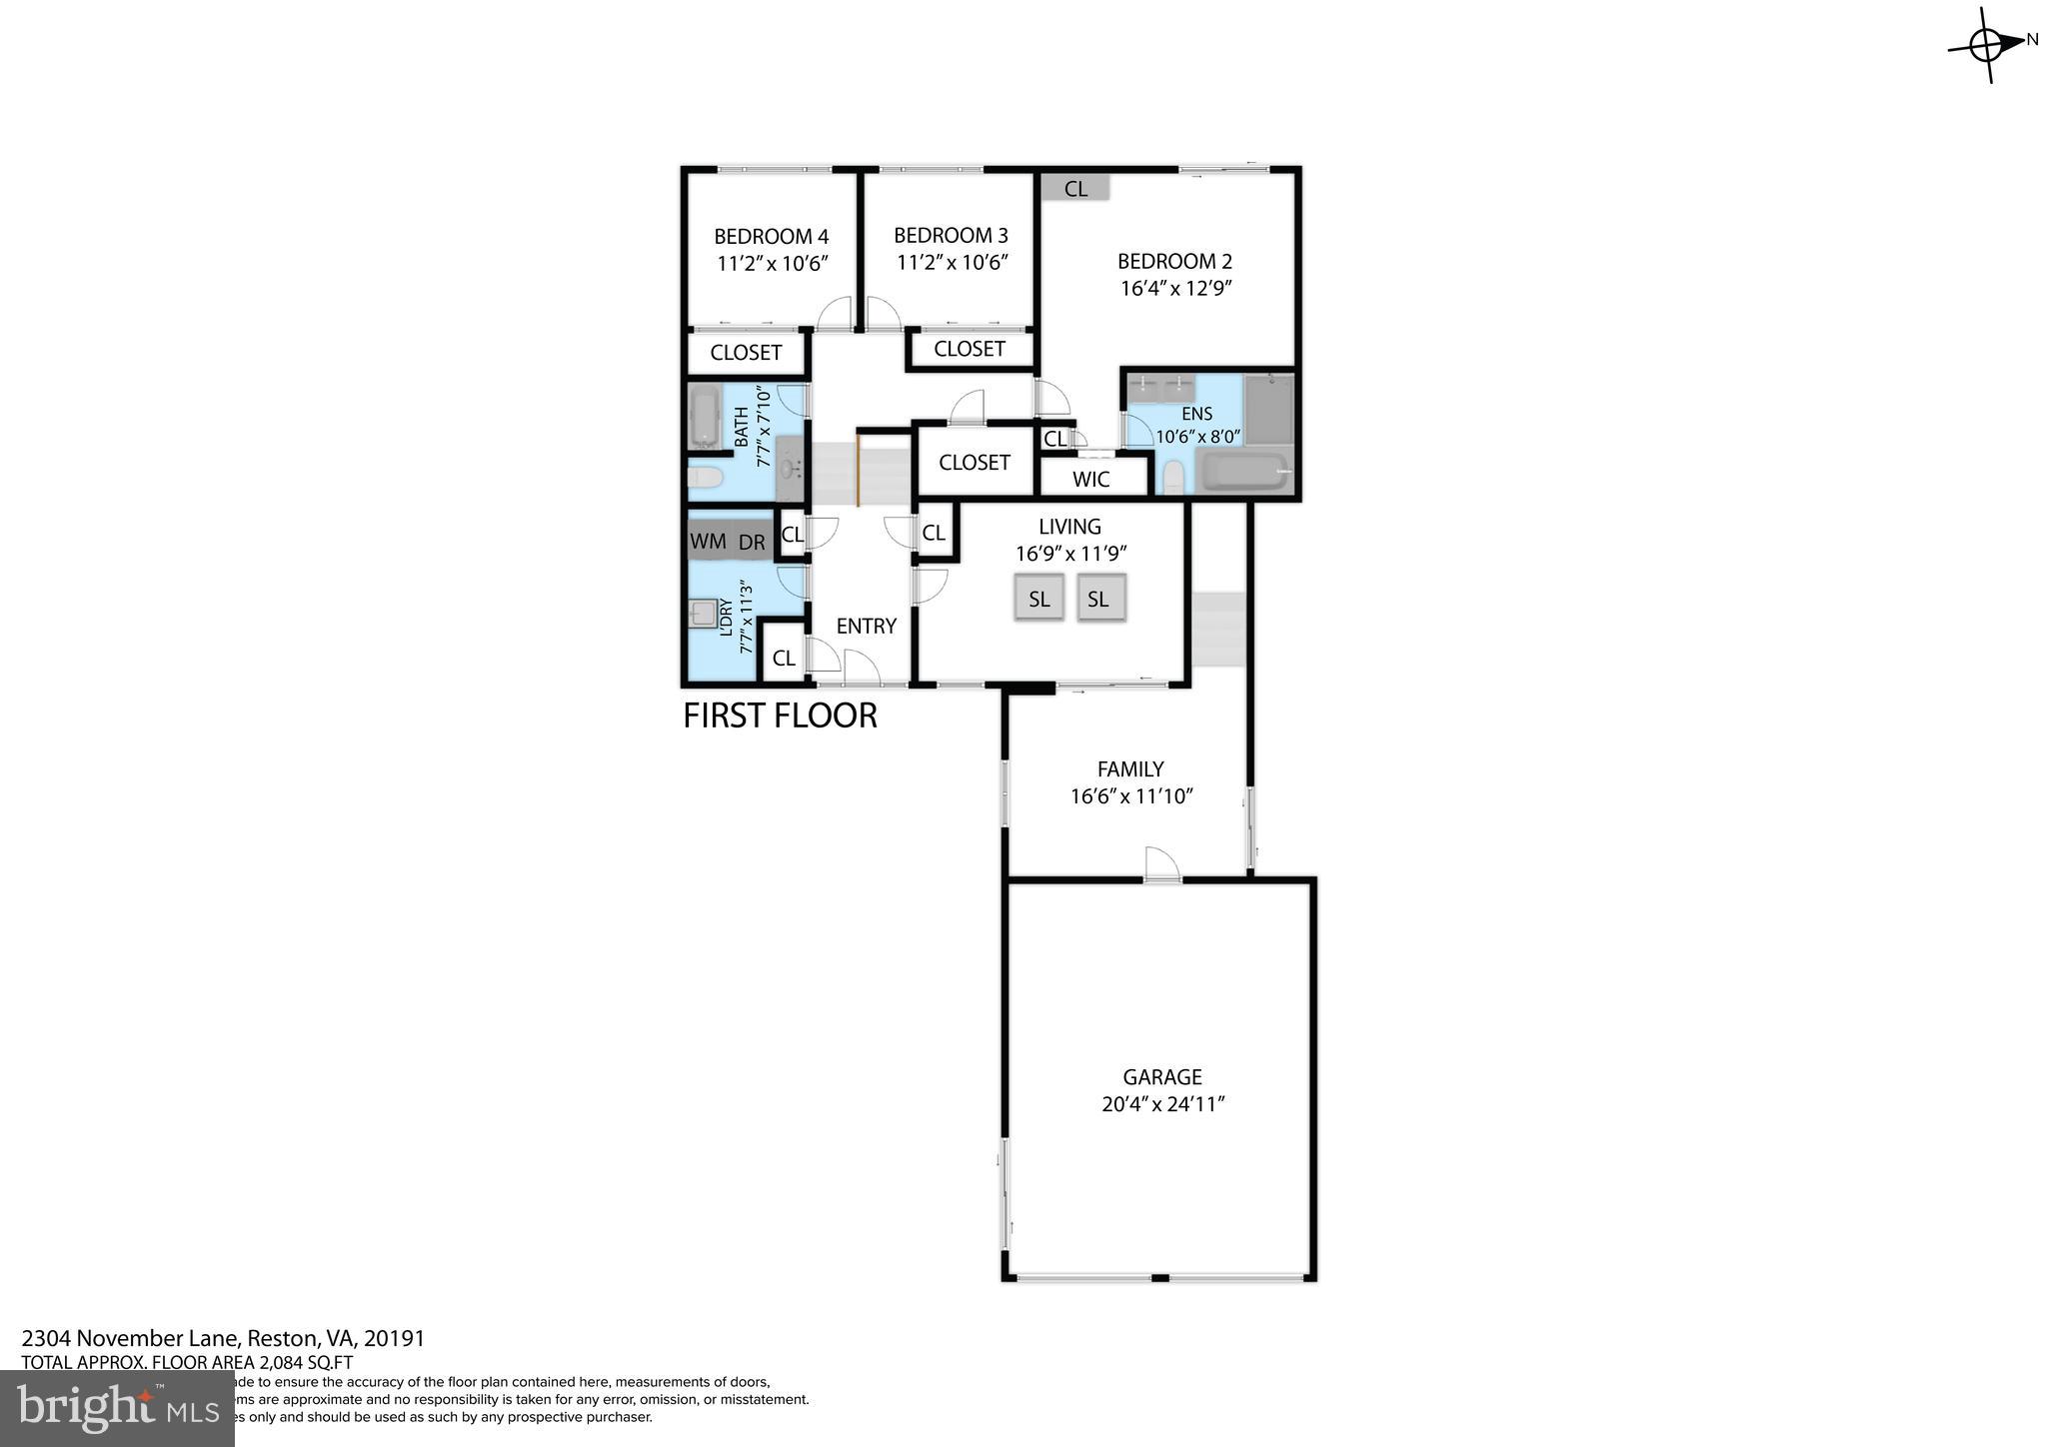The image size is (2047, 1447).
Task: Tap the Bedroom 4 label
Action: pyautogui.click(x=771, y=237)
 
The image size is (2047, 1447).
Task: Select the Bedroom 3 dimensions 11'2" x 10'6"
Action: pyautogui.click(x=952, y=263)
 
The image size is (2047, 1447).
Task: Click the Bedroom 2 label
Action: pyautogui.click(x=1174, y=262)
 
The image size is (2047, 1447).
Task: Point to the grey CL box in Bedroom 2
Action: pyautogui.click(x=1075, y=189)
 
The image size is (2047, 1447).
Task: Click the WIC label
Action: pyautogui.click(x=1090, y=480)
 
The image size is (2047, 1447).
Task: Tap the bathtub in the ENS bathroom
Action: pyautogui.click(x=1244, y=473)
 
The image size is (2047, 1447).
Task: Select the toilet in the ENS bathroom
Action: pyautogui.click(x=1173, y=477)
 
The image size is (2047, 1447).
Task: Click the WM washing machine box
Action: pyautogui.click(x=709, y=542)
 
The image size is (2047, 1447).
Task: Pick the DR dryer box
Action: pyautogui.click(x=752, y=543)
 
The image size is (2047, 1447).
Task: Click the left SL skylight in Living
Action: pyautogui.click(x=1039, y=599)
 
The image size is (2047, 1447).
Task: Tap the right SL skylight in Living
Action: pyautogui.click(x=1098, y=599)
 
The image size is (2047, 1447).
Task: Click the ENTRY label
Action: pyautogui.click(x=866, y=627)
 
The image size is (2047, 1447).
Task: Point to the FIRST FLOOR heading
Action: pyautogui.click(x=780, y=716)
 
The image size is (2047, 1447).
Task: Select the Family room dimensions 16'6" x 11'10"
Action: pyautogui.click(x=1131, y=796)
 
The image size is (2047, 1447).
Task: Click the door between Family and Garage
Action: pyautogui.click(x=1161, y=865)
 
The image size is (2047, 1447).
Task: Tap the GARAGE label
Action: pyautogui.click(x=1161, y=1077)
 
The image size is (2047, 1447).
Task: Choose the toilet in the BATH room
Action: pyautogui.click(x=706, y=480)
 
